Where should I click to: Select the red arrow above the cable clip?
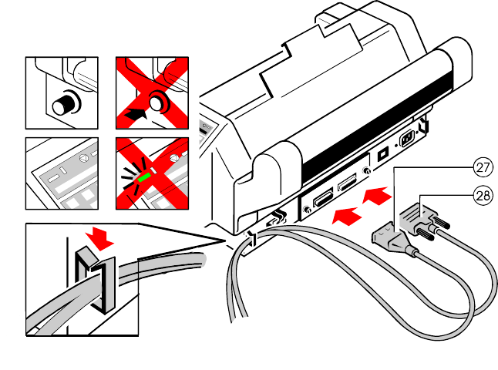tap(100, 237)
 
